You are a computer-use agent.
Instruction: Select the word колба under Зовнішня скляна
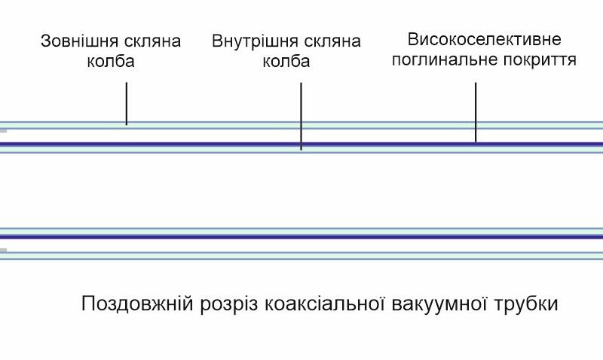point(111,62)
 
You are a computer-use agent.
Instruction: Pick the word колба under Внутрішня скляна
point(286,62)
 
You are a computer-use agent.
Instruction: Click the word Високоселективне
point(484,38)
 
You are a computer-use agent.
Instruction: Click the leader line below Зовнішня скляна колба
point(127,103)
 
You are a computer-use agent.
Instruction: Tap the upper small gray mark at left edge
point(3,130)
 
